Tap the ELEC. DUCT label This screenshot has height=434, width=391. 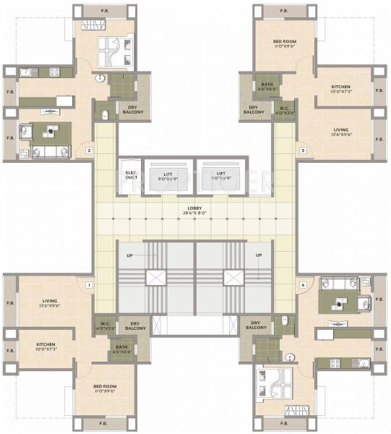tap(131, 174)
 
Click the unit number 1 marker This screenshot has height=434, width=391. tap(88, 285)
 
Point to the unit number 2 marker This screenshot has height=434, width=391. tap(88, 150)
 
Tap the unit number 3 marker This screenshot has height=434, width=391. tap(303, 150)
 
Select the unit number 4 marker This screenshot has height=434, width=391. tap(303, 285)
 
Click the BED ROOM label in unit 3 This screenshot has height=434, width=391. tap(283, 43)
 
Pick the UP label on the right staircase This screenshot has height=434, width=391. tap(258, 255)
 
